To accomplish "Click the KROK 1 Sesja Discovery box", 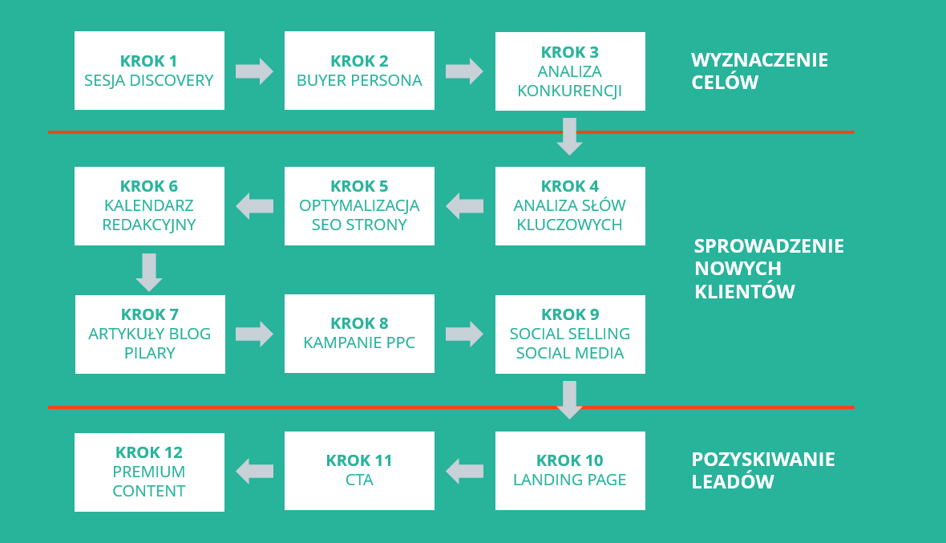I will pyautogui.click(x=149, y=71).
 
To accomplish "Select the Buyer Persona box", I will pyautogui.click(x=359, y=71).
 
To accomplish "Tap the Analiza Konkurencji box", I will pyautogui.click(x=570, y=71).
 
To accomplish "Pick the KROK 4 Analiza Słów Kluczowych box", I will pyautogui.click(x=570, y=206).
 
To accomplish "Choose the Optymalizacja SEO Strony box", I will pyautogui.click(x=359, y=206).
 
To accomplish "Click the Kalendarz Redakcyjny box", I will pyautogui.click(x=149, y=206).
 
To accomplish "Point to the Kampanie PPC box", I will pyautogui.click(x=359, y=334).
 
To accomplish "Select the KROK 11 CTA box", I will pyautogui.click(x=359, y=471).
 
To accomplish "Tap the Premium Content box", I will pyautogui.click(x=149, y=472).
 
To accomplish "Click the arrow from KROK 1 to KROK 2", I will pyautogui.click(x=254, y=71).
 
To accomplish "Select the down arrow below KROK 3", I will pyautogui.click(x=569, y=136).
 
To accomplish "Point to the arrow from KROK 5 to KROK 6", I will pyautogui.click(x=254, y=206).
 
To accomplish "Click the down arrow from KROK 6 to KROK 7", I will pyautogui.click(x=149, y=272).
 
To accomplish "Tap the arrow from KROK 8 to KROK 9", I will pyautogui.click(x=464, y=334).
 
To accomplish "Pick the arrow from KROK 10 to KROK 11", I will pyautogui.click(x=464, y=471).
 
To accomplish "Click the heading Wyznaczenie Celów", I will pyautogui.click(x=759, y=71).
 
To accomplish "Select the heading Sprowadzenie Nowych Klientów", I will pyautogui.click(x=769, y=269).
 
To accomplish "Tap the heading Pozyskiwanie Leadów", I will pyautogui.click(x=763, y=470).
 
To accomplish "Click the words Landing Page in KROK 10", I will pyautogui.click(x=570, y=480).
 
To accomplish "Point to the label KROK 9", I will pyautogui.click(x=570, y=314).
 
